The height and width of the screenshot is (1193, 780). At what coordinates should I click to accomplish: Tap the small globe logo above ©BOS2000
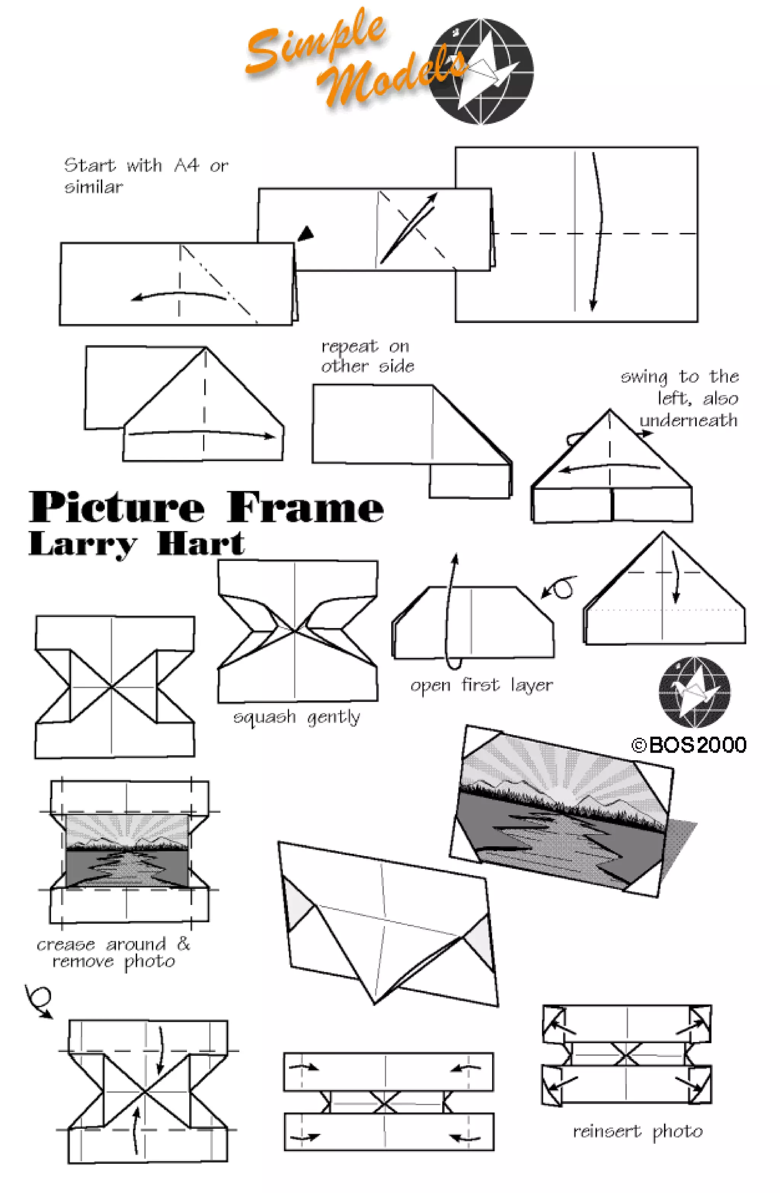694,692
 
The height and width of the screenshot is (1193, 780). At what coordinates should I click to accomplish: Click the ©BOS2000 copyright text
689,745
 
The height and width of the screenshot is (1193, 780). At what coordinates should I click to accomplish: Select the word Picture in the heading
116,507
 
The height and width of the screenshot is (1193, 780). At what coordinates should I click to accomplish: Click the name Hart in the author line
200,544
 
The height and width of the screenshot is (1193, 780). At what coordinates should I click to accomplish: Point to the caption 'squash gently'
297,718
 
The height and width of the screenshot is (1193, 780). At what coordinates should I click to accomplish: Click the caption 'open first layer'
481,685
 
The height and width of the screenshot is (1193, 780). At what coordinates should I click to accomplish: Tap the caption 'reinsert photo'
638,1131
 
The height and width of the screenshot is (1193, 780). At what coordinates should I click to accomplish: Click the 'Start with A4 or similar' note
145,176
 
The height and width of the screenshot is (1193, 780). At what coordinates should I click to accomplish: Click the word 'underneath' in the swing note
688,420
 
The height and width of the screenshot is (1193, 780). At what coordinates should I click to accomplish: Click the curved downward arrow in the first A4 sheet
598,230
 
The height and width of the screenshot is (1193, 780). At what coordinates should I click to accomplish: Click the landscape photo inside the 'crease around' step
127,851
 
